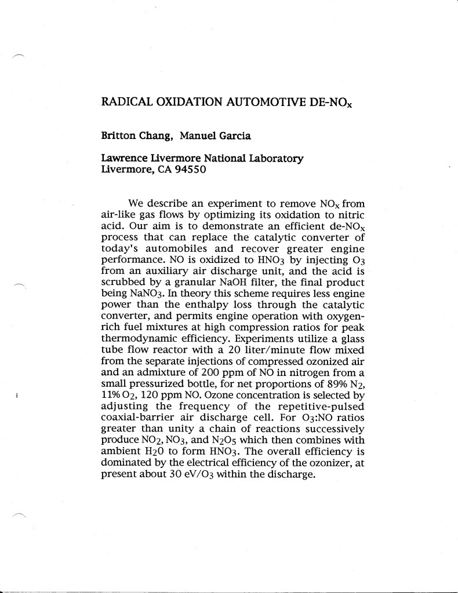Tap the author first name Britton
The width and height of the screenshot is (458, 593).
tap(118, 136)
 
